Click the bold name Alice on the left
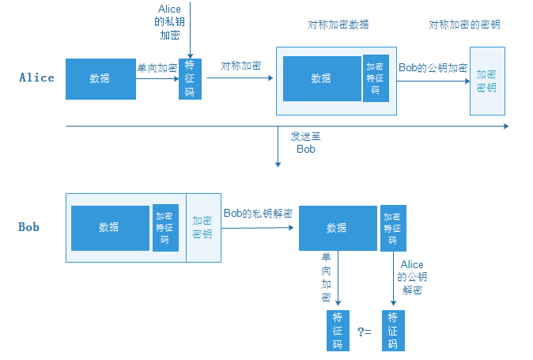coord(36,78)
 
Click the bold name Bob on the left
coord(29,227)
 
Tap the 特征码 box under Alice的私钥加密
coord(191,79)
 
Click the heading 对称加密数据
coord(338,25)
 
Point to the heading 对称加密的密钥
coord(464,25)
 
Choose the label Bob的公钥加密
coord(433,68)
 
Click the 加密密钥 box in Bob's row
coord(202,228)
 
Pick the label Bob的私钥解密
coord(258,214)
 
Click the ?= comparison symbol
coord(365,332)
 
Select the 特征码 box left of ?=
coord(337,331)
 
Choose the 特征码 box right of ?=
coord(392,331)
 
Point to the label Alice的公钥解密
coord(412,277)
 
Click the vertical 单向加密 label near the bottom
coord(326,277)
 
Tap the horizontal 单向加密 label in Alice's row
coord(157,68)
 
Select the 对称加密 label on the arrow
coord(241,66)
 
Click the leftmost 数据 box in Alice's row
coord(100,78)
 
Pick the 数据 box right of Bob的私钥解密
coord(337,228)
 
